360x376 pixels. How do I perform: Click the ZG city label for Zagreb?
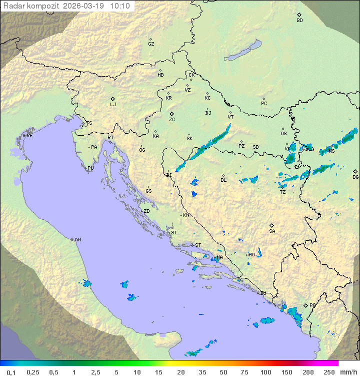(x=172, y=120)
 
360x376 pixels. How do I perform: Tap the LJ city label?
(x=113, y=105)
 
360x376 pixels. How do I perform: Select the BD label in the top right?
(x=299, y=21)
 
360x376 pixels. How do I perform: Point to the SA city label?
(x=272, y=231)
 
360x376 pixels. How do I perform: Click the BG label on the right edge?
(x=355, y=177)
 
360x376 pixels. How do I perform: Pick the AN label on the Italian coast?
(x=77, y=240)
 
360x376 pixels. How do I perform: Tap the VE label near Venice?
(x=29, y=136)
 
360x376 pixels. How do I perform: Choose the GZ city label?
(x=151, y=44)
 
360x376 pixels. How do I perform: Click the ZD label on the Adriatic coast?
(x=146, y=211)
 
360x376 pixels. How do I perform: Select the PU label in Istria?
(x=90, y=168)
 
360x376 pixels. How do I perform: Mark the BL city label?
(x=223, y=180)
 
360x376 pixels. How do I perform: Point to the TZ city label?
(x=283, y=192)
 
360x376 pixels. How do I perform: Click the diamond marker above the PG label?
(x=306, y=305)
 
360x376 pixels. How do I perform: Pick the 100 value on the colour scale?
(x=265, y=372)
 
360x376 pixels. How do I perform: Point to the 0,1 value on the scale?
(x=11, y=372)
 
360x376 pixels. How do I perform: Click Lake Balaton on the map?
(x=243, y=51)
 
